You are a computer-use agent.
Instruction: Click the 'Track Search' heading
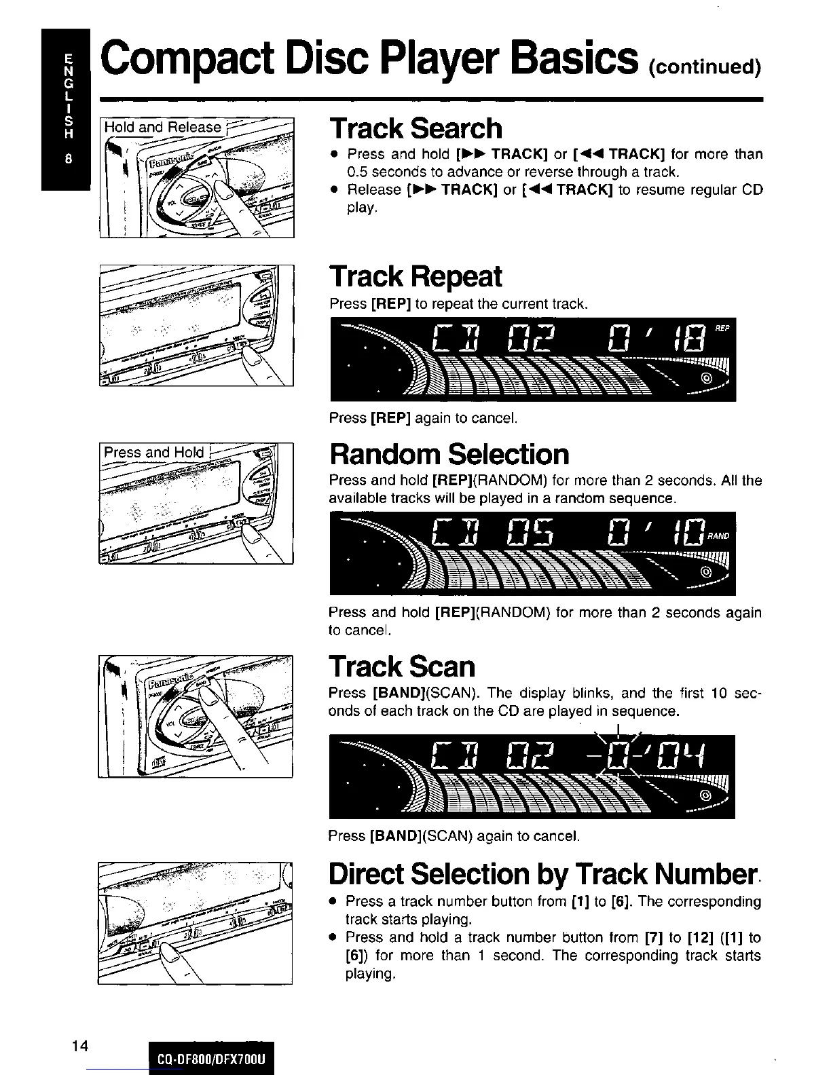(415, 128)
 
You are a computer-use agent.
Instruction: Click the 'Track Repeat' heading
(415, 277)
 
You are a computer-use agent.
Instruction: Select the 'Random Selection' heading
(449, 454)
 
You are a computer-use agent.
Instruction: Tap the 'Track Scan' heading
(402, 666)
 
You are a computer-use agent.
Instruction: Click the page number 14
(80, 1045)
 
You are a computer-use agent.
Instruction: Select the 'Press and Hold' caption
(153, 453)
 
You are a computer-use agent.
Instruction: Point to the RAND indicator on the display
(718, 536)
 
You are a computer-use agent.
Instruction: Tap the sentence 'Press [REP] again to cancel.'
(423, 418)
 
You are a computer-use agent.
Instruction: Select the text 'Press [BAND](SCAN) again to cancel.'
(454, 835)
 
